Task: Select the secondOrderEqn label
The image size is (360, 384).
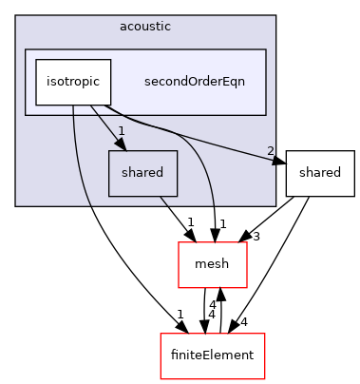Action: (x=194, y=82)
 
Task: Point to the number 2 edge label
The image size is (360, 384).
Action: (x=271, y=152)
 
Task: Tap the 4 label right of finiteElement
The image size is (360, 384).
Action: (x=272, y=322)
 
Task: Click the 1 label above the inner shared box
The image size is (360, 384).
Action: (x=122, y=130)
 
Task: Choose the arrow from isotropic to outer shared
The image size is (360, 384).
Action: (x=209, y=143)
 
